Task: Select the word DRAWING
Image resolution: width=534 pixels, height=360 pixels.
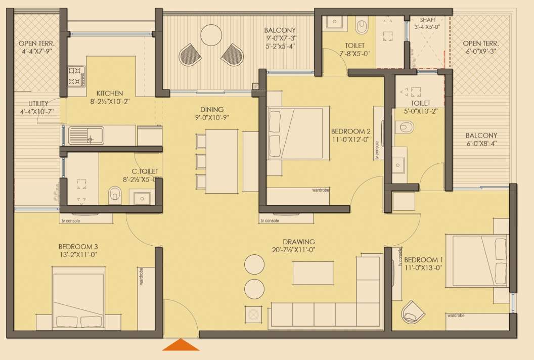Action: [x=298, y=242]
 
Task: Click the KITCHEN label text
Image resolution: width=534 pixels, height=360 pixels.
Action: [x=110, y=93]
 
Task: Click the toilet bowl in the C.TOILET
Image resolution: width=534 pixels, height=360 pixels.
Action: [x=115, y=193]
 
